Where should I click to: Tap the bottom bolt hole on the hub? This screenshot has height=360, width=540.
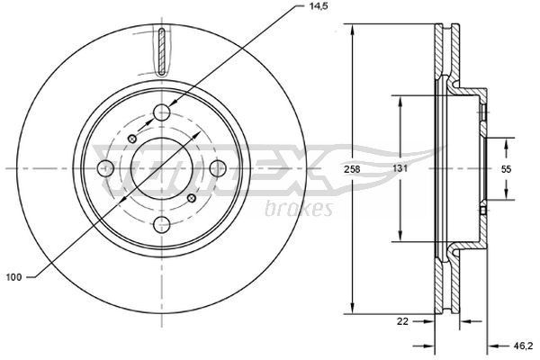162,225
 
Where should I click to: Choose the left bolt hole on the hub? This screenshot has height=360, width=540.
106,168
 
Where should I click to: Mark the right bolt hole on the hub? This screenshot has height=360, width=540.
218,168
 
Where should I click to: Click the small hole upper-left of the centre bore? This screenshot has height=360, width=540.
132,138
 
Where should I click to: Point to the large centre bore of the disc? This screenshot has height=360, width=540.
162,168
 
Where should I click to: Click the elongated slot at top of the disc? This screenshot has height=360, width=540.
161,52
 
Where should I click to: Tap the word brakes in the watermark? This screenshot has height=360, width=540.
300,209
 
